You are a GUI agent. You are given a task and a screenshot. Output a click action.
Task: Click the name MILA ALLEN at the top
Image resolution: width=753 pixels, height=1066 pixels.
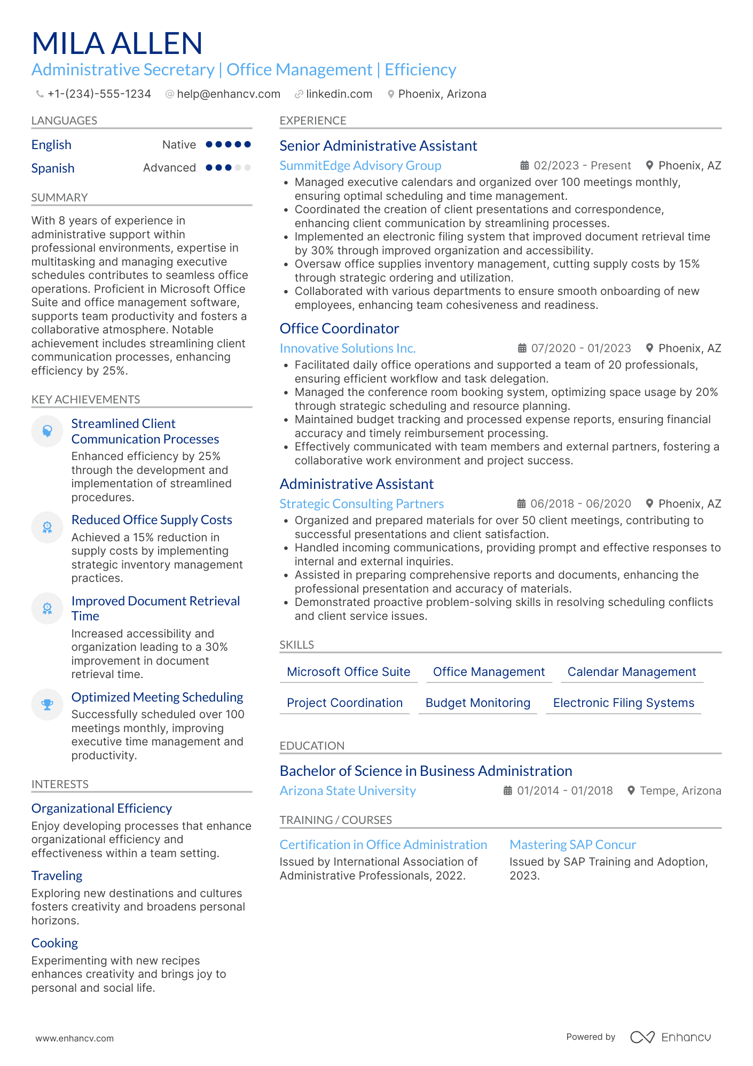coord(117,43)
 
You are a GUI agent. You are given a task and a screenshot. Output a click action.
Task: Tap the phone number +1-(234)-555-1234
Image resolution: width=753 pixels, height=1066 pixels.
coord(99,94)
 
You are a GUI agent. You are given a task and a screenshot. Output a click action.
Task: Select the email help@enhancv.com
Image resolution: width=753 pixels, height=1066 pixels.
coord(228,94)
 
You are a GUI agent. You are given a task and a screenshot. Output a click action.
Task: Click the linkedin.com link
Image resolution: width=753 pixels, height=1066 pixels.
coord(339,94)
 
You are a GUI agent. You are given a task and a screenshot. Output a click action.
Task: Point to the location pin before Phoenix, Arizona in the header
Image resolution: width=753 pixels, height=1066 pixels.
coord(391,94)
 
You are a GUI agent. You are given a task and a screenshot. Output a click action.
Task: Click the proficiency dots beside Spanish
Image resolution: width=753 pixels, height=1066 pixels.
coord(228,168)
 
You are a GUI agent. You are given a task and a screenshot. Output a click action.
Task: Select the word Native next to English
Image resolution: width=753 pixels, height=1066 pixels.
coord(179,145)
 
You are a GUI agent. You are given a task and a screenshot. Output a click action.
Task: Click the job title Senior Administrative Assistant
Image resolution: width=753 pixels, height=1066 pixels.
coord(378,146)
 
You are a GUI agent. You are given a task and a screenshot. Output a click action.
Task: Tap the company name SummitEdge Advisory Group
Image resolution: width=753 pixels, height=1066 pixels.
coord(360,166)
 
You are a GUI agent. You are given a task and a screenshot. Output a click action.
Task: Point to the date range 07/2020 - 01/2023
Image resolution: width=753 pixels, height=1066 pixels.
coord(581,348)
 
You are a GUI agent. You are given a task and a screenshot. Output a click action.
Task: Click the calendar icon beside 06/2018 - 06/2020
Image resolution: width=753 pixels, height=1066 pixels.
coord(521,504)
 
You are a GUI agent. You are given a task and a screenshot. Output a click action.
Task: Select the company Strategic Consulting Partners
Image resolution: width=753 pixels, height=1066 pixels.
coord(362,504)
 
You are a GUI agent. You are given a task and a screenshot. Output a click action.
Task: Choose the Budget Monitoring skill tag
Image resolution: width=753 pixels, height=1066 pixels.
coord(477,703)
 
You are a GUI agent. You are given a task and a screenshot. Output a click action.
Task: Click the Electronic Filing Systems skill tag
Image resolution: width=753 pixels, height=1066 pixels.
coord(623,703)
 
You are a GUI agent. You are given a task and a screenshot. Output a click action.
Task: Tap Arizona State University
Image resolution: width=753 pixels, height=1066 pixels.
coord(348,791)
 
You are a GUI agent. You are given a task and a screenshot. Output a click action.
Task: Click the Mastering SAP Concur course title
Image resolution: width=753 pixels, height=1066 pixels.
coord(572,845)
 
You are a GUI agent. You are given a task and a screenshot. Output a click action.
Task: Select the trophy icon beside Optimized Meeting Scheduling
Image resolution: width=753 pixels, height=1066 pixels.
coord(48,704)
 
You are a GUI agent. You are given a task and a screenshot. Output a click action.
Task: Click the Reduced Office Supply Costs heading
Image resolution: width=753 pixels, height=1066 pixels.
coord(152,520)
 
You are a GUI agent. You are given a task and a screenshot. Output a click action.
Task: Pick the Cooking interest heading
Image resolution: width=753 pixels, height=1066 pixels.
coord(54,943)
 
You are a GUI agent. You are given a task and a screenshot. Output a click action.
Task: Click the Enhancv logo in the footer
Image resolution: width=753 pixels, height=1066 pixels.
coord(670,1037)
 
